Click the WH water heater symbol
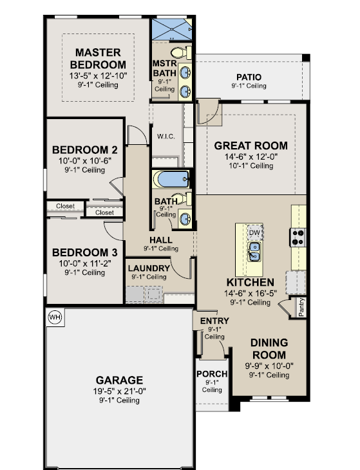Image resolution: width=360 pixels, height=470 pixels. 55,317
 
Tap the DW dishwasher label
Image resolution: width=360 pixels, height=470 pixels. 254,232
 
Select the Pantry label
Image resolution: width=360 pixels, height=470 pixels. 301,307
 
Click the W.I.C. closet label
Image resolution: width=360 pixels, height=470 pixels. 166,136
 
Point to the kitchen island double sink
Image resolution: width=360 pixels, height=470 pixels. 254,252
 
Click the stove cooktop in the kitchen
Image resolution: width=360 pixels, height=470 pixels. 298,238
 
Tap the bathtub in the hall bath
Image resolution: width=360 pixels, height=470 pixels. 171,179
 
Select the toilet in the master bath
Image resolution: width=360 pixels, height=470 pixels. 181,53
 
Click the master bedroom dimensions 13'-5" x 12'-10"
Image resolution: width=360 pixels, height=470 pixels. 99,76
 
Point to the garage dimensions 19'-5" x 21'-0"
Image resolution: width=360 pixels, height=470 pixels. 119,391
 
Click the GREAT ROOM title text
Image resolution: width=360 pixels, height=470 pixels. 251,146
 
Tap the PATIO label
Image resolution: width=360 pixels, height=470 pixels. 249,77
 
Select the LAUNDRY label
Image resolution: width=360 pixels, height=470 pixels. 149,268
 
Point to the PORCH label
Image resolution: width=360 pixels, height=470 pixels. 212,374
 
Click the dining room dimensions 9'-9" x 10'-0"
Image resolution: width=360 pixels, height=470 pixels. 269,366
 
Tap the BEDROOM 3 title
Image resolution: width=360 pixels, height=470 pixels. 85,252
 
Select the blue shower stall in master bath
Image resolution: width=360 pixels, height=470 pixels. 172,30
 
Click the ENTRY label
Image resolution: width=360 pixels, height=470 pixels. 214,321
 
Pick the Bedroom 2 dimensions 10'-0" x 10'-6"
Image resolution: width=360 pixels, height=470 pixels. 85,161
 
